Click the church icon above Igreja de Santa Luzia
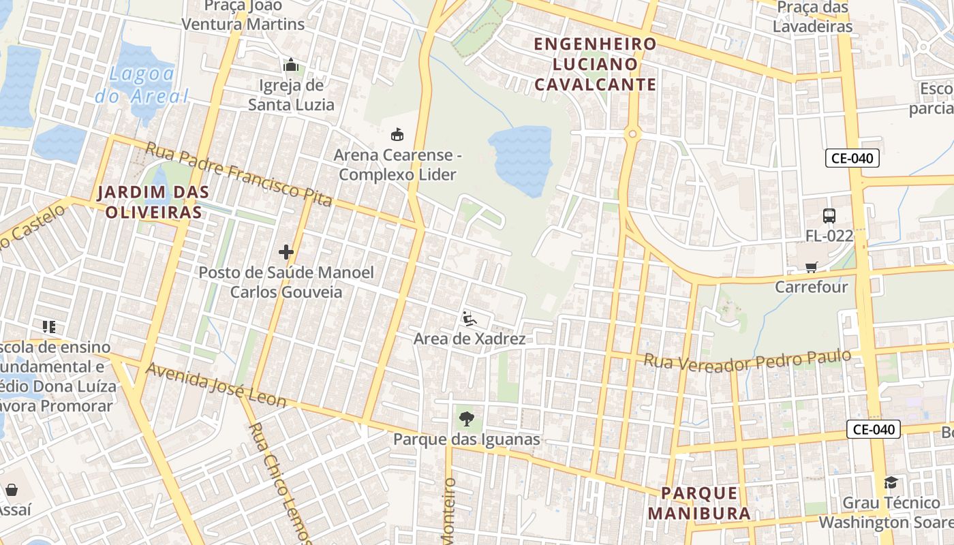(x=291, y=65)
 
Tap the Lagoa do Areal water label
(x=142, y=85)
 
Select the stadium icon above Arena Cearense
(x=397, y=134)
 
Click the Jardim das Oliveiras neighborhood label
(x=152, y=202)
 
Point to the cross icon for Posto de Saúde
(x=286, y=252)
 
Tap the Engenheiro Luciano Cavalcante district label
(x=595, y=64)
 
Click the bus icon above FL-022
(x=829, y=215)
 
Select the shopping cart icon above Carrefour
(x=811, y=267)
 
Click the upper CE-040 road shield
(x=852, y=158)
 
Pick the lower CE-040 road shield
(x=874, y=429)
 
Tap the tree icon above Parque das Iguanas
(x=466, y=418)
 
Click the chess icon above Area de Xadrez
(x=469, y=318)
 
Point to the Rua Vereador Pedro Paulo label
(x=748, y=361)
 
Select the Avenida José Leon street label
(x=216, y=386)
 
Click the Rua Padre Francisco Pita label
(x=238, y=174)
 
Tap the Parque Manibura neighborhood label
(x=699, y=503)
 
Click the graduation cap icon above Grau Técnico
(x=891, y=482)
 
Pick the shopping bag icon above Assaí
(x=12, y=490)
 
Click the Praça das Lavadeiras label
(x=814, y=17)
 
